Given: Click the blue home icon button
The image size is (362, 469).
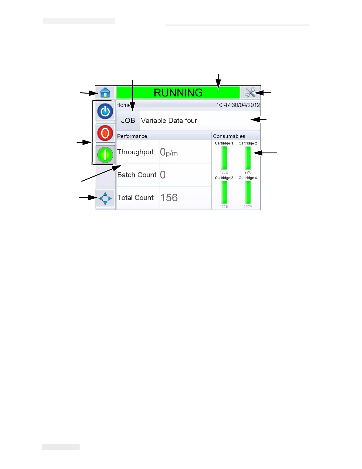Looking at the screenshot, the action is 105,93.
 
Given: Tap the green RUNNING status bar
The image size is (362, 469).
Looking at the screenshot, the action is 178,93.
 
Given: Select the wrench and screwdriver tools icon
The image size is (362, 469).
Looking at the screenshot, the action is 250,93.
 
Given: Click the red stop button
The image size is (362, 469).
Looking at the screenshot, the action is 105,133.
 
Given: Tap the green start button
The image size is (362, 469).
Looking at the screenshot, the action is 105,155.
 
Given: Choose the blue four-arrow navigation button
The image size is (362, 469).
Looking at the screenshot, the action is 105,198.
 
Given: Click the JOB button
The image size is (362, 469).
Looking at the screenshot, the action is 128,121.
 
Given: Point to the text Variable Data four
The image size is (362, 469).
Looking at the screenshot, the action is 169,121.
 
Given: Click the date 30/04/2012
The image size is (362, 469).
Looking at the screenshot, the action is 246,105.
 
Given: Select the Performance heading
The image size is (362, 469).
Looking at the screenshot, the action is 132,136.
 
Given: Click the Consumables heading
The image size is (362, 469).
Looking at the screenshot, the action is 229,136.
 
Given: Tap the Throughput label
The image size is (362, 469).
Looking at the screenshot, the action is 135,152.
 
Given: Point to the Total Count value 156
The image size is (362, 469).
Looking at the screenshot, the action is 169,197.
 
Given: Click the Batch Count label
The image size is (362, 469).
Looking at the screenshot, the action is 137,175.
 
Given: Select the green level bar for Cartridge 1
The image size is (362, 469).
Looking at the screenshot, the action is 224,158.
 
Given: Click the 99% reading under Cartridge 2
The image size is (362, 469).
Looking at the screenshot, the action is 248,172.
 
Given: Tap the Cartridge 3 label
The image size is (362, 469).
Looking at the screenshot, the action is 224,178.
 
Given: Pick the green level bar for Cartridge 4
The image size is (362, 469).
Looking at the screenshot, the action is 248,192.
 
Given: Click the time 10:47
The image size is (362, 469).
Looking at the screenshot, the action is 223,105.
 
